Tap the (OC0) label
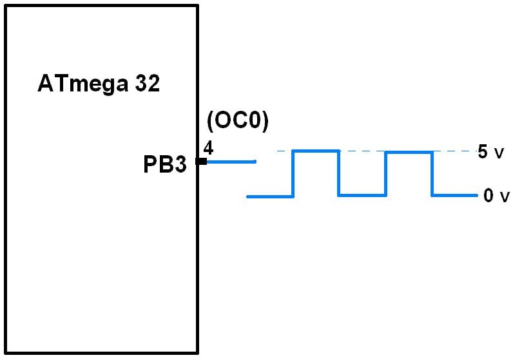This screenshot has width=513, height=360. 237,121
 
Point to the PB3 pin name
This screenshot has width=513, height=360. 164,165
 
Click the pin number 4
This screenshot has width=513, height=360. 208,148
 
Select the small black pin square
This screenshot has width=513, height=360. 202,161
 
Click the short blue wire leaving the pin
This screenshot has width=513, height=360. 231,161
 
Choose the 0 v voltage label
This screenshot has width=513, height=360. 495,196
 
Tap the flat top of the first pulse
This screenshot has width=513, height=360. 316,151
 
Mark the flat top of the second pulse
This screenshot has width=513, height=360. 409,153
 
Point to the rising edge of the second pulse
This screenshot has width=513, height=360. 386,174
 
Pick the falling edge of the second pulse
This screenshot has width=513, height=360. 432,174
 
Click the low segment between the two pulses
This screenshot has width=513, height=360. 362,195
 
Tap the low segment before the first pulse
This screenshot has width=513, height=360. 271,196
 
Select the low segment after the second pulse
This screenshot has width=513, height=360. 454,195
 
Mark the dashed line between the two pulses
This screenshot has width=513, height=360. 362,151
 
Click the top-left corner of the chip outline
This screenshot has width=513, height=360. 6,6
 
